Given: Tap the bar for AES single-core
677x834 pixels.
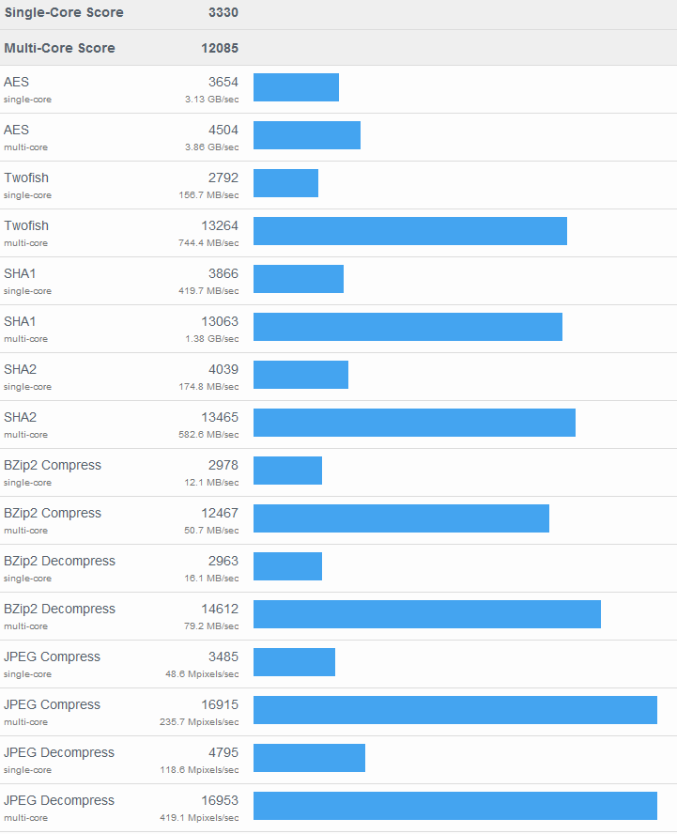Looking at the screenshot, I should pos(296,87).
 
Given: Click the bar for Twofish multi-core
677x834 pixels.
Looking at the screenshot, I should pos(409,231).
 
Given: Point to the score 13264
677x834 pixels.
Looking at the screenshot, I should pos(220,225).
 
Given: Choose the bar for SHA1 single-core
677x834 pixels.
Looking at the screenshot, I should pos(298,279).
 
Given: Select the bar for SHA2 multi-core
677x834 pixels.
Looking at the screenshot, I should pos(414,423).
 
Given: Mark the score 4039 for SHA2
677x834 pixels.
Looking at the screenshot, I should pos(223,369).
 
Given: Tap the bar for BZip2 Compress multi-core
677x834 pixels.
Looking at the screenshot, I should pos(401,518).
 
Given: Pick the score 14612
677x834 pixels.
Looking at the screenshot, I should pos(220,609).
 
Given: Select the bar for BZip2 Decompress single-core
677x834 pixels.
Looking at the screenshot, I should pos(287,566).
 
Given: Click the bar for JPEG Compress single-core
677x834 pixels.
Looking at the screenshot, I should pos(294,662).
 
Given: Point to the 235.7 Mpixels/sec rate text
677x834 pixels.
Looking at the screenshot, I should pos(199,722).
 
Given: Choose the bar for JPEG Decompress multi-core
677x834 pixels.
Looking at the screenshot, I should pos(454,806).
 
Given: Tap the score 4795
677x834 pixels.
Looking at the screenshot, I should pos(223,752).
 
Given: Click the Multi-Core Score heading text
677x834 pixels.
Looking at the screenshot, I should pos(59,48).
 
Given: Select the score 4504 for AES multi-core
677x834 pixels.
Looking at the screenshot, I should pos(223,130).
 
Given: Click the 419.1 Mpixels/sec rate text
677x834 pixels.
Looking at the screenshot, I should pos(199,818).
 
